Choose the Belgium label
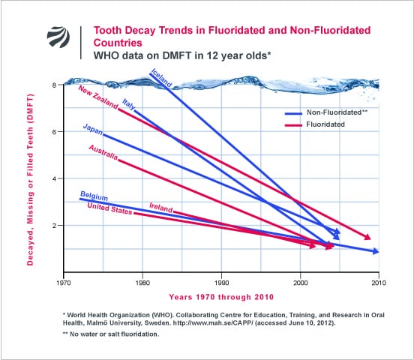pyautogui.click(x=94, y=197)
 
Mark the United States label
pyautogui.click(x=109, y=208)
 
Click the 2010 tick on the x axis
pyautogui.click(x=379, y=284)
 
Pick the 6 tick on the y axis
pyautogui.click(x=54, y=131)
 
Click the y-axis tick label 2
pyautogui.click(x=54, y=225)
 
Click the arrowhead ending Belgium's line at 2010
pyautogui.click(x=375, y=251)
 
